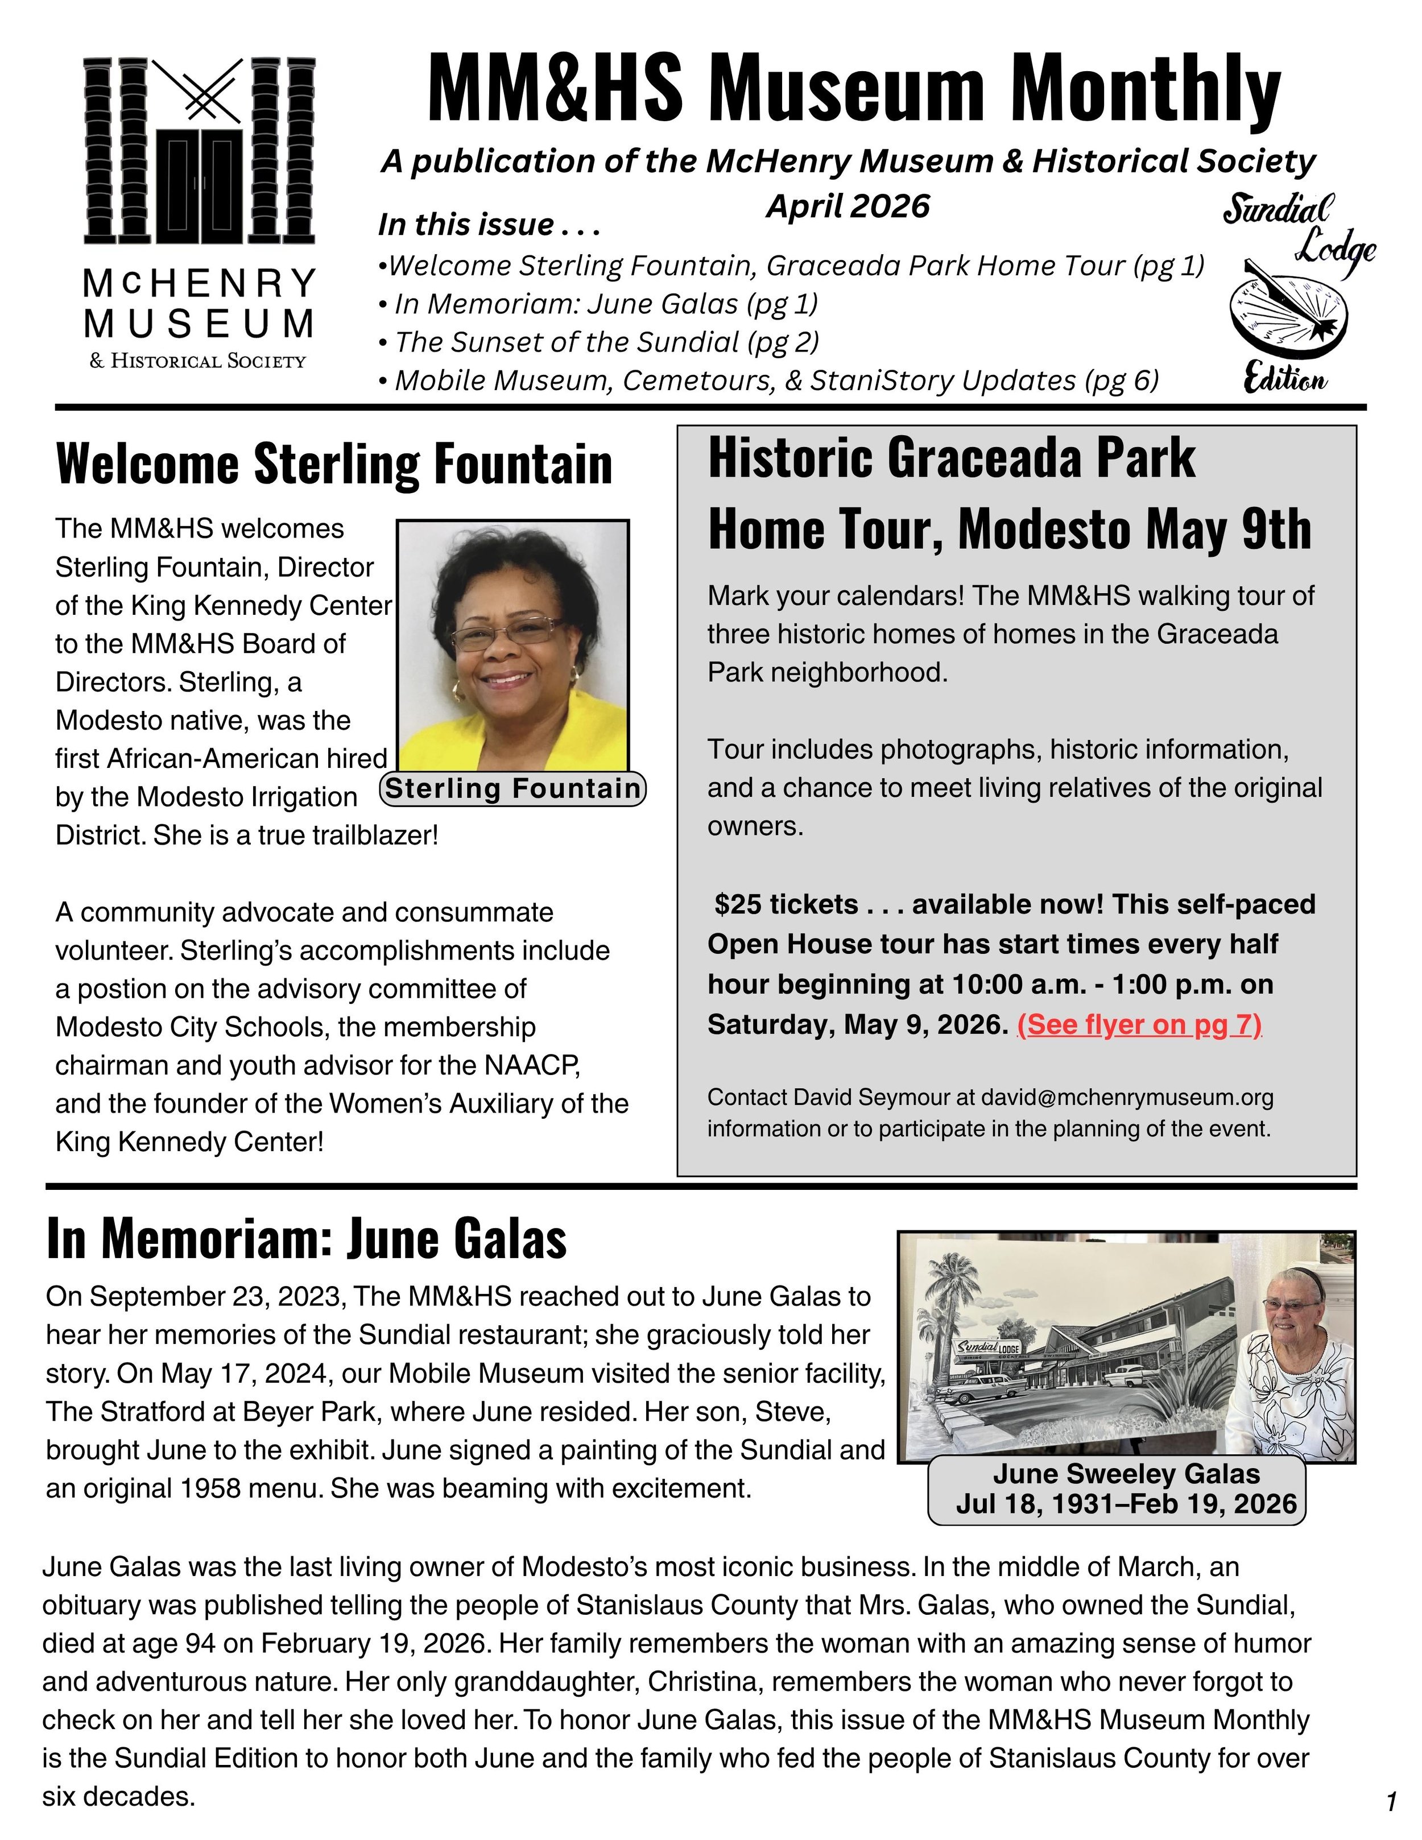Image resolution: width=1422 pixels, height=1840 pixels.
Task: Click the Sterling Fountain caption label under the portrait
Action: coord(513,788)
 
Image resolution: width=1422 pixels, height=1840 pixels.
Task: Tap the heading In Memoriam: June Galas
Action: coord(307,1240)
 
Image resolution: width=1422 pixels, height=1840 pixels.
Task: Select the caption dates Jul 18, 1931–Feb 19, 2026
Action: coord(1126,1504)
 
